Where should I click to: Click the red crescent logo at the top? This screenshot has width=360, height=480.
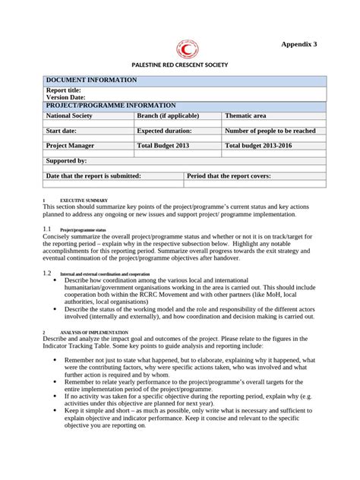pos(185,49)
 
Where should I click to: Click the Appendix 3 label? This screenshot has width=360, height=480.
pos(299,45)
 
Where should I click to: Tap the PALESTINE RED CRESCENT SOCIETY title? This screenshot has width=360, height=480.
pos(180,66)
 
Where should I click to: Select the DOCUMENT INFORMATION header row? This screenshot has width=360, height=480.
pos(92,80)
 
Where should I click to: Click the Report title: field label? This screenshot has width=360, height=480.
pos(64,90)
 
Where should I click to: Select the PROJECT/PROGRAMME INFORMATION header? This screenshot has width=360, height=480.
pos(111,106)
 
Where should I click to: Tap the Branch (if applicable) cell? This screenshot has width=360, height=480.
pos(168,116)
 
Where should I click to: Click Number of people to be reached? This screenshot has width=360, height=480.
pos(270,131)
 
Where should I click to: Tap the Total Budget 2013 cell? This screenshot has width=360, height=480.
pos(162,145)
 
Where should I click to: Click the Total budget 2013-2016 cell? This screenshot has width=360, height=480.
pos(258,145)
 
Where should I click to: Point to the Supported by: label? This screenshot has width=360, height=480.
pos(67,161)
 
